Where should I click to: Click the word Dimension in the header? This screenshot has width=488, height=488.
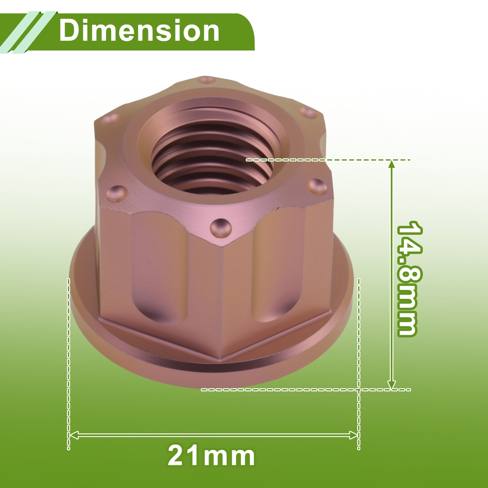tap(139, 31)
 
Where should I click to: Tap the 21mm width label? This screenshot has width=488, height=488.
tap(211, 456)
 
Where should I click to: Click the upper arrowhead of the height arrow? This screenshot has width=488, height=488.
tap(391, 164)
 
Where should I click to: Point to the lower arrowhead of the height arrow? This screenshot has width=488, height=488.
tap(391, 385)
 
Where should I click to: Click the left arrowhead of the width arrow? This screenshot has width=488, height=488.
tap(74, 435)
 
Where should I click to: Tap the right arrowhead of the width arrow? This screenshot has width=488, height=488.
tap(353, 435)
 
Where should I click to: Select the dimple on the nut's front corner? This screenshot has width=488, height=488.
tap(221, 228)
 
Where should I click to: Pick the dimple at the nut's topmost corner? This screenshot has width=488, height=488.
tap(206, 80)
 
